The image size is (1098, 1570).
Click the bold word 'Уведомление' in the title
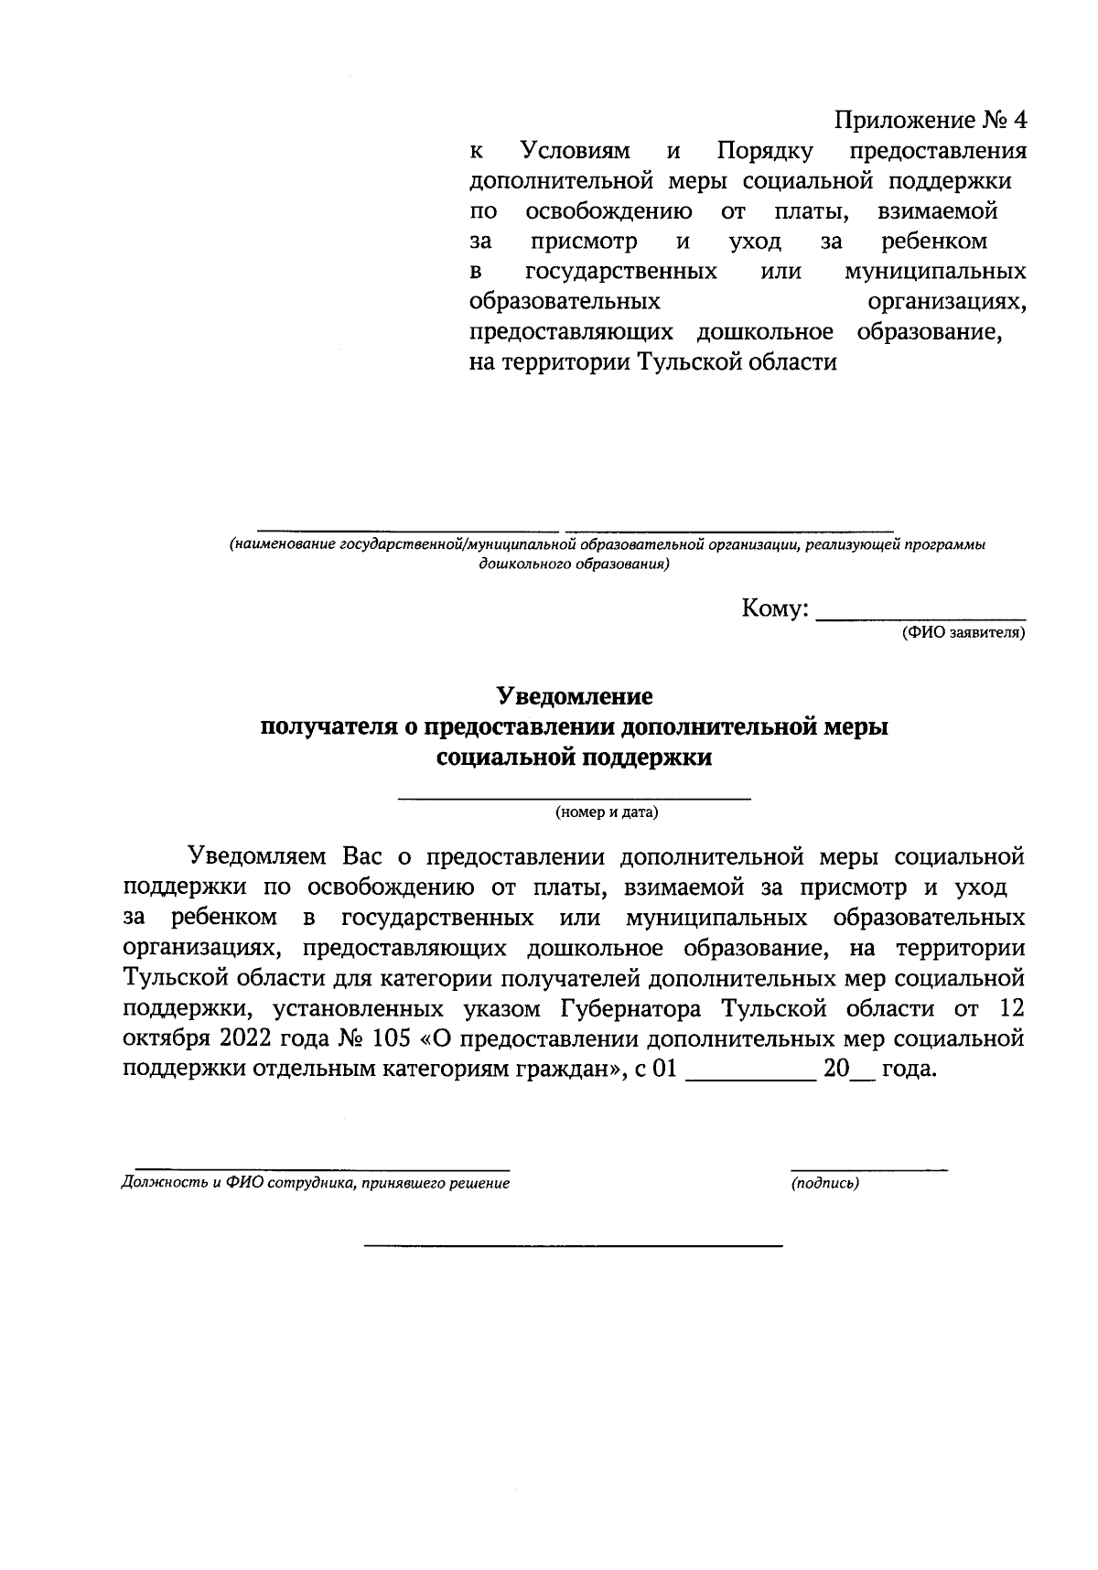(575, 697)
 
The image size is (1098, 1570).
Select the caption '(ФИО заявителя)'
(963, 633)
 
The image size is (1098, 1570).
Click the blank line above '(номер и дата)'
(574, 798)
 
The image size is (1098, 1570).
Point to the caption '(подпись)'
(824, 1183)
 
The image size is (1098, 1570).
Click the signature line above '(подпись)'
(868, 1169)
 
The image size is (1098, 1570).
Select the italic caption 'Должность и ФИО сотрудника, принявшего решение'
(315, 1183)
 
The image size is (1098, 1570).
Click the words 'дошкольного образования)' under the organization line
(574, 565)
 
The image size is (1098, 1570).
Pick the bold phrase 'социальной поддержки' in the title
(575, 758)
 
